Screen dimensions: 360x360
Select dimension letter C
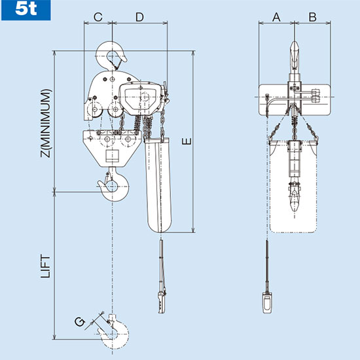click(x=98, y=17)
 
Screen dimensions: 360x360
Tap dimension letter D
click(x=139, y=17)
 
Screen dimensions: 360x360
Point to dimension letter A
click(x=276, y=17)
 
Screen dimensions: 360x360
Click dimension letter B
click(x=312, y=17)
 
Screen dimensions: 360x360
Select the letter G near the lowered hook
click(x=79, y=321)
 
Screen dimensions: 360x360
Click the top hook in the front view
click(x=293, y=56)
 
